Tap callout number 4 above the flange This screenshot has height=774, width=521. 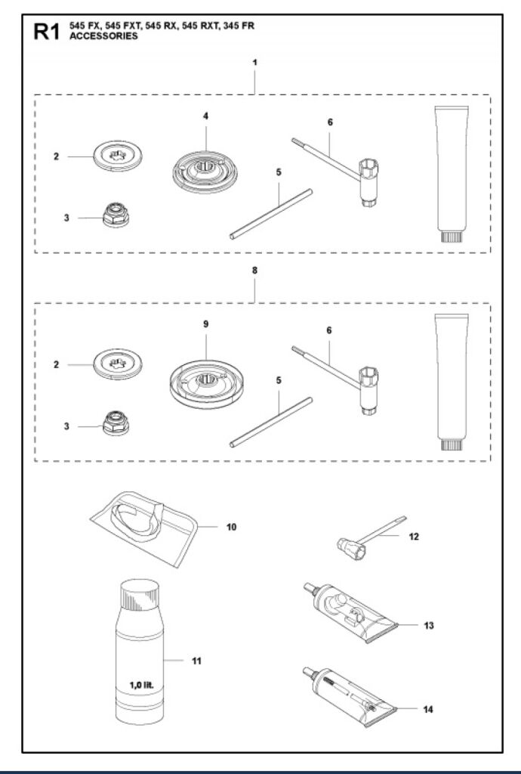tap(205, 116)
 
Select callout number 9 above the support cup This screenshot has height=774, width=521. tap(205, 324)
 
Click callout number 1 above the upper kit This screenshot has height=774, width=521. tap(254, 62)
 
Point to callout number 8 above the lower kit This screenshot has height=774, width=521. tap(254, 270)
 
